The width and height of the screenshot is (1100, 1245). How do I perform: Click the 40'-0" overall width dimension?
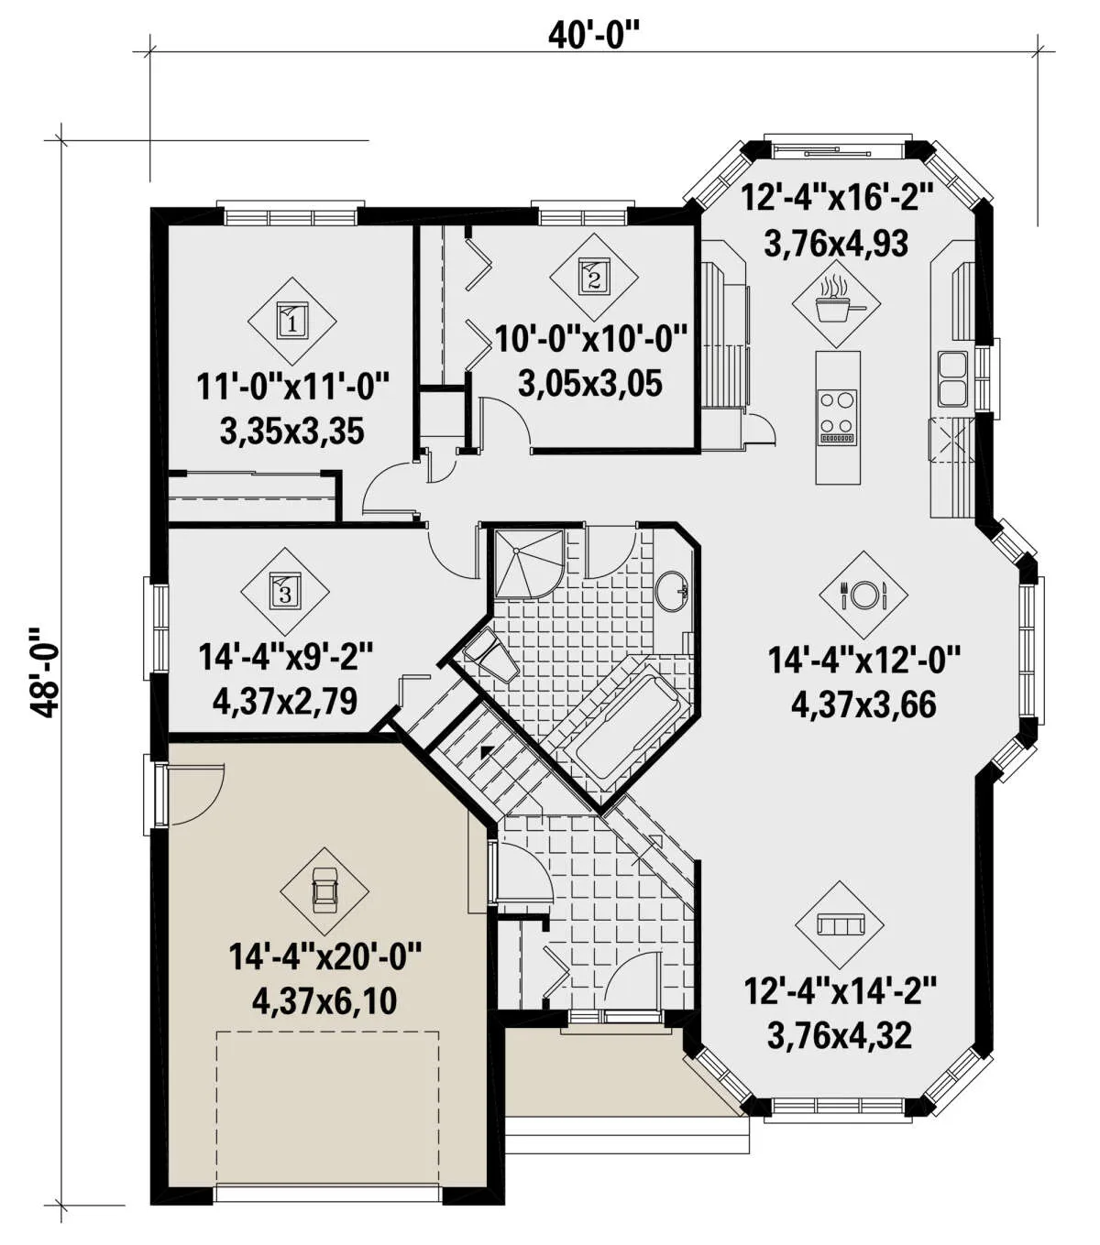point(591,37)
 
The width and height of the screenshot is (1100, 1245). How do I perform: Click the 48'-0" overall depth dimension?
point(44,672)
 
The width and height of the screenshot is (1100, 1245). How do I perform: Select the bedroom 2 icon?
point(594,276)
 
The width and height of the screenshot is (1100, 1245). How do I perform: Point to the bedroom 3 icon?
point(285,591)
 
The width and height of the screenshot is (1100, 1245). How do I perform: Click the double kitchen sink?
point(952,378)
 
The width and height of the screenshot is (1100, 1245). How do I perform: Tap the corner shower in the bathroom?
point(528,562)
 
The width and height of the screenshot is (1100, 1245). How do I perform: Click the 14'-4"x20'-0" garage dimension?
point(325,956)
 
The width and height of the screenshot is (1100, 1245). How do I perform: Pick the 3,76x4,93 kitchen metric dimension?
point(836,244)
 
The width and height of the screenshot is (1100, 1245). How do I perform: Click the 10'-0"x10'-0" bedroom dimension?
point(591,339)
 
